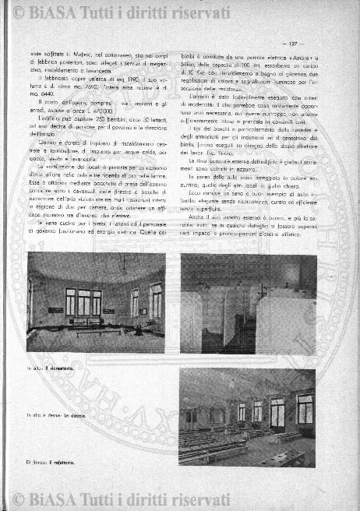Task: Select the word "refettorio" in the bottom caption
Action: [65, 463]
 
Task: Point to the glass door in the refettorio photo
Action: [277, 413]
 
